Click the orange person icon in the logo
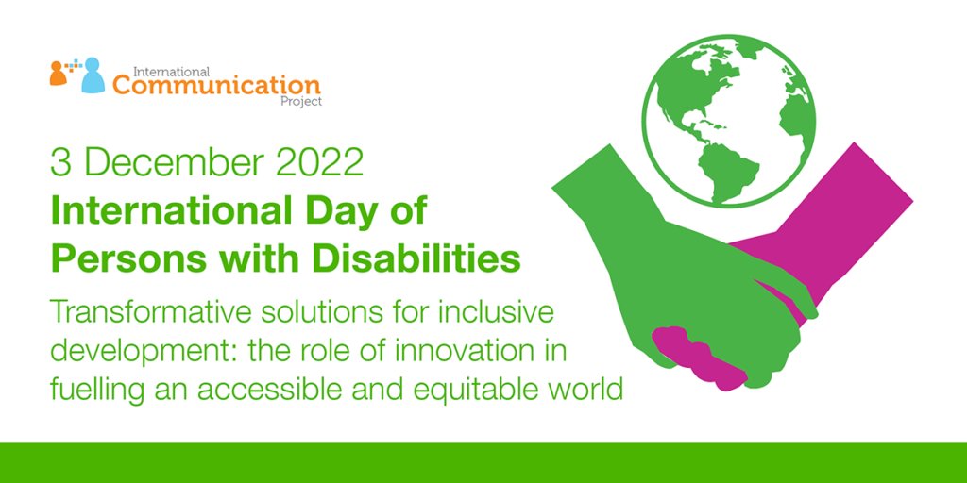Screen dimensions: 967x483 coord(58,74)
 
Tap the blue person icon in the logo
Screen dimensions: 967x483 coord(93,75)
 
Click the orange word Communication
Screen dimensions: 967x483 coord(216,85)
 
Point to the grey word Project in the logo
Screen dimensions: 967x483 coord(301,102)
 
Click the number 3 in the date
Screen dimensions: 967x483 coord(61,163)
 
